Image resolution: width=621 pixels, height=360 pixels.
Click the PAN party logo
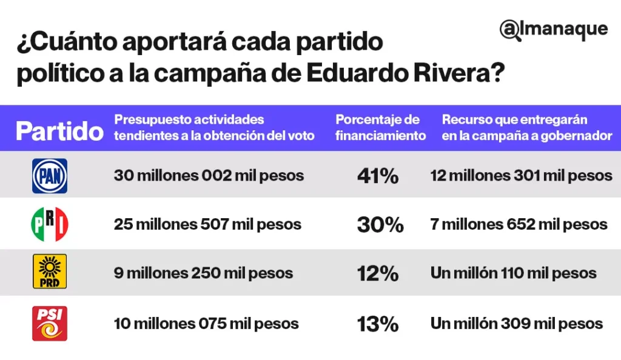(x=49, y=176)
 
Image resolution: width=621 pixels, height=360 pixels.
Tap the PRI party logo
(x=49, y=224)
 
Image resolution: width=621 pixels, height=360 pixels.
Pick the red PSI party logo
(x=49, y=323)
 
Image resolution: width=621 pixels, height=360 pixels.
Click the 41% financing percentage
(x=377, y=176)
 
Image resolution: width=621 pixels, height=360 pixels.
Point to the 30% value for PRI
(x=380, y=225)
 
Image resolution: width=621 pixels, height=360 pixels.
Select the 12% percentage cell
(x=377, y=273)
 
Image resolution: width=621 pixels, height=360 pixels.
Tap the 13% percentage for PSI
(x=377, y=324)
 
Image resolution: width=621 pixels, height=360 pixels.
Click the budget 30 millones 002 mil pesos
(x=209, y=176)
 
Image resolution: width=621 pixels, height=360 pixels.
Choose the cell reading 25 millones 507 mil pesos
(x=207, y=224)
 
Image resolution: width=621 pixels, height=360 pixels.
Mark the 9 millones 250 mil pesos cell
(x=203, y=273)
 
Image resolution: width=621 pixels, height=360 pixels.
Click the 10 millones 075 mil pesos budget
(x=206, y=324)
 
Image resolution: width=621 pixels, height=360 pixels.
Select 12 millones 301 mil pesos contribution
(x=521, y=176)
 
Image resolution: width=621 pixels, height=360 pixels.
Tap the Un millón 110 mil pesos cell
(x=513, y=273)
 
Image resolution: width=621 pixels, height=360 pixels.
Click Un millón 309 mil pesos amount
(x=516, y=324)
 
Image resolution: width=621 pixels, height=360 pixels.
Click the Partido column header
(x=59, y=131)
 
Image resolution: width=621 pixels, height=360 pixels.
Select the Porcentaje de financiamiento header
(x=380, y=128)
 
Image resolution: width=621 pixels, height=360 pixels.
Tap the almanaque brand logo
(x=553, y=30)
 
